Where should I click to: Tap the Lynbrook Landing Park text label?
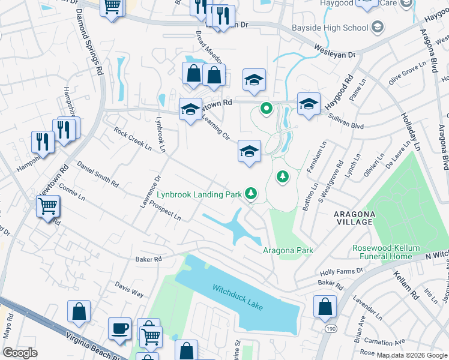click(199, 194)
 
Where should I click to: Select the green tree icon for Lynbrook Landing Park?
click(251, 193)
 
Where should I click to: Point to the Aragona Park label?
click(288, 250)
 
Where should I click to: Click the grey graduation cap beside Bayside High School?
click(377, 27)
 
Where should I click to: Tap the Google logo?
click(20, 352)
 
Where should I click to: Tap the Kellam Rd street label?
click(406, 285)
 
